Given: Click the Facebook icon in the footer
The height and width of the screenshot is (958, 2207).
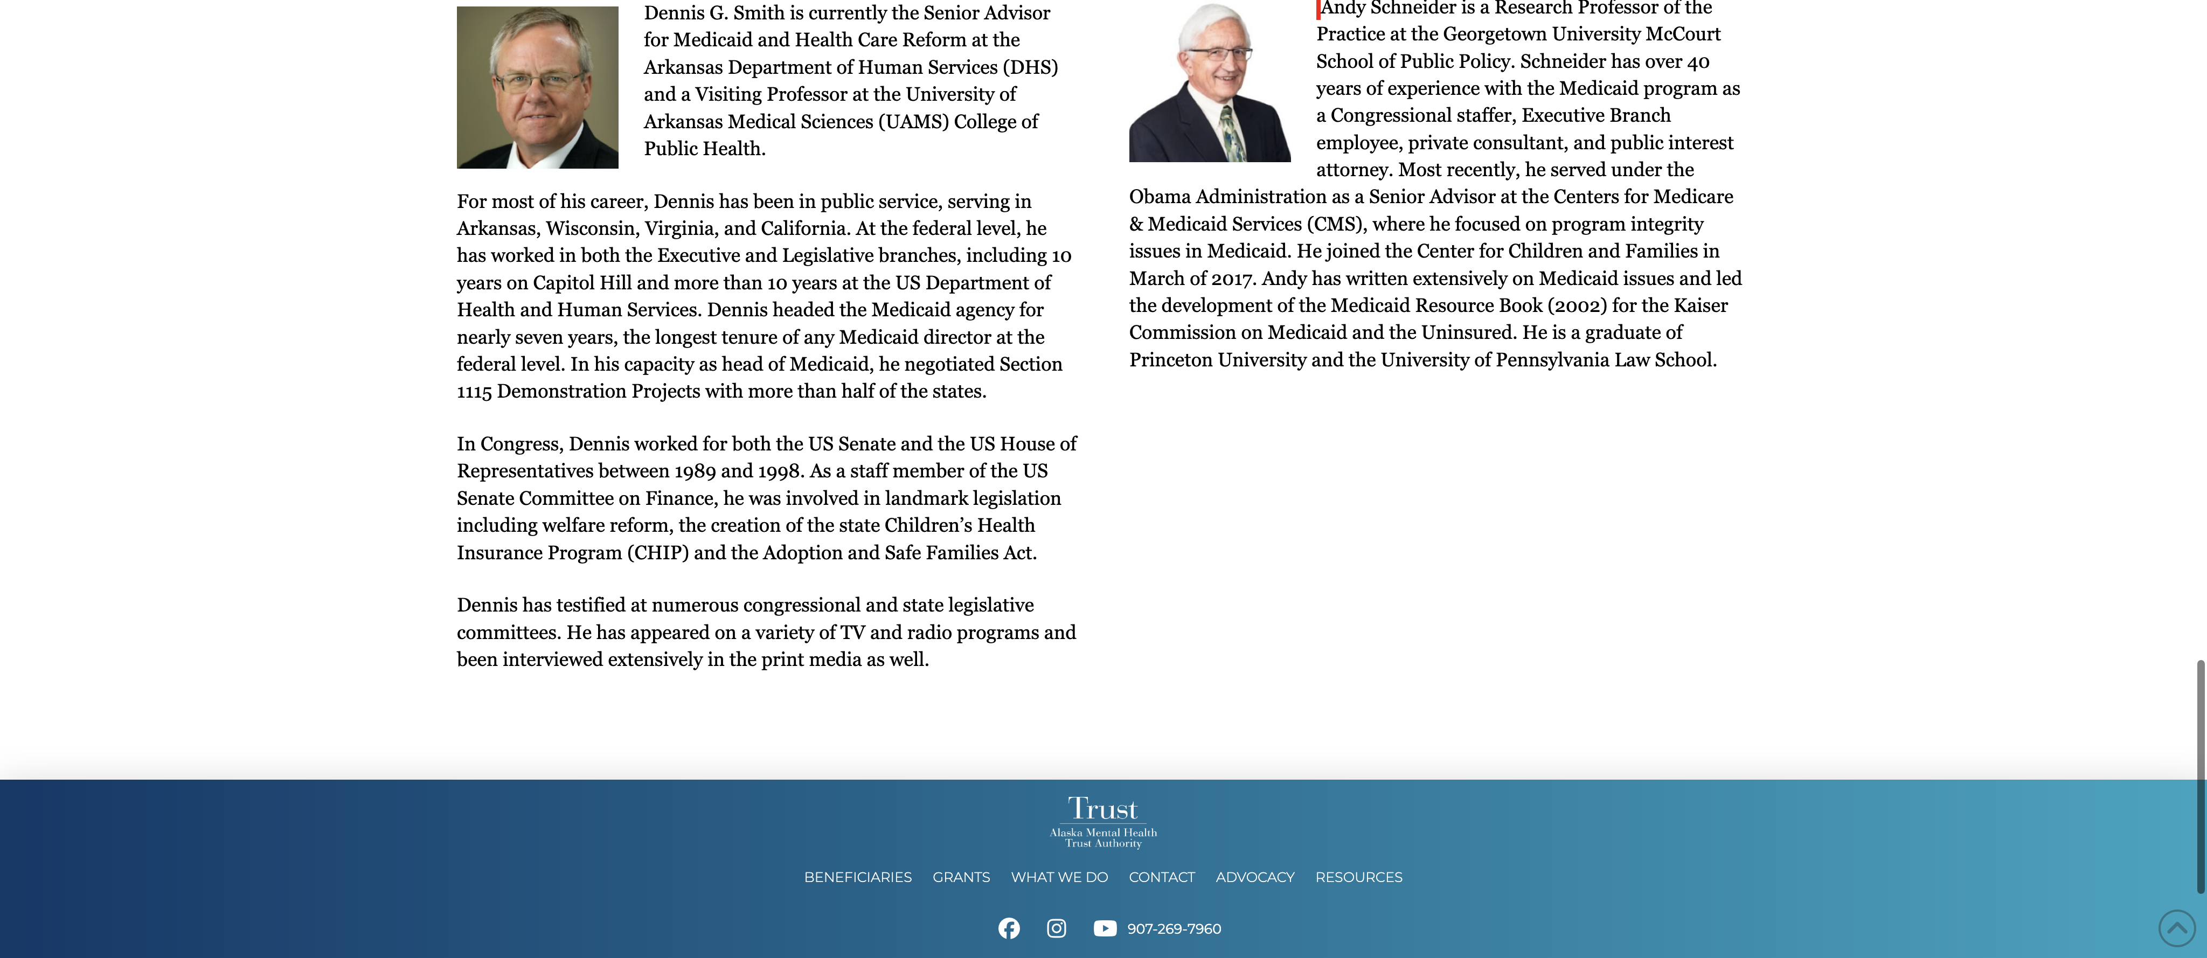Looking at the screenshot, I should (x=1009, y=928).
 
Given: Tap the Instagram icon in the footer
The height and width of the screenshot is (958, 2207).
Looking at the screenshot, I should (x=1057, y=928).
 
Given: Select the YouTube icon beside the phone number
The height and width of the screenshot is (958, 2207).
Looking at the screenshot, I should (x=1105, y=928).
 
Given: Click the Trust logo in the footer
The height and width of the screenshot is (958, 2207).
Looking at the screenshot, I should (x=1102, y=822).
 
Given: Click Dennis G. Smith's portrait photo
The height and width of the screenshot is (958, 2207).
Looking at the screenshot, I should (x=537, y=87).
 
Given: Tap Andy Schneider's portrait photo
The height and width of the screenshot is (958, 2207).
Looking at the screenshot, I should (x=1209, y=82).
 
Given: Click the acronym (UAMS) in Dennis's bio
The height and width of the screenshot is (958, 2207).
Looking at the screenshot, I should (x=913, y=122).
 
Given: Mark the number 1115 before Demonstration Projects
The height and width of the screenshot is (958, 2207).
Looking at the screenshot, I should (x=474, y=392).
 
